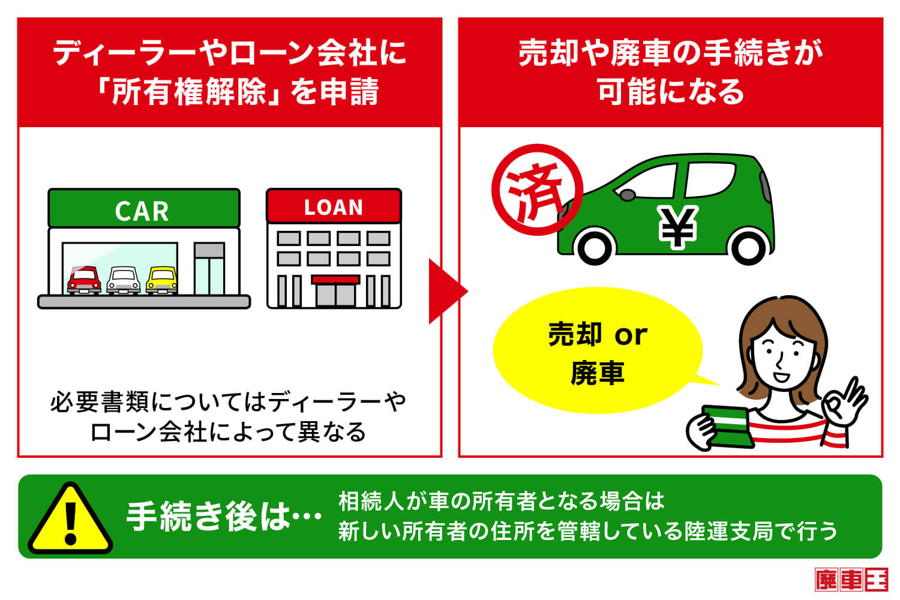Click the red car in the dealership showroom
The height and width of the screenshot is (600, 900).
84,280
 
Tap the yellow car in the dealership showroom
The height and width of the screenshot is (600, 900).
162,280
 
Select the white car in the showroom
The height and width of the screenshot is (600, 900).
124,280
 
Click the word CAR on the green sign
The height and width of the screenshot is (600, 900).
142,211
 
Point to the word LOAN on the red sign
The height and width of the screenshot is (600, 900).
334,208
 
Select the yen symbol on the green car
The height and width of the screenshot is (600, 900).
677,226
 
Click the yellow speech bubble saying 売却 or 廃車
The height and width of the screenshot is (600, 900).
598,354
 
